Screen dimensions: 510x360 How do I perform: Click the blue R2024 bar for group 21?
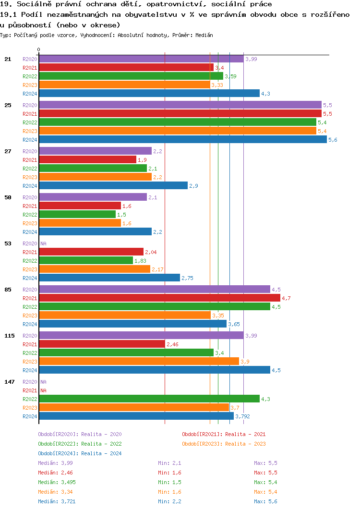[x=149, y=94]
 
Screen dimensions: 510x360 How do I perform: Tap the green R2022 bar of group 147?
[x=149, y=399]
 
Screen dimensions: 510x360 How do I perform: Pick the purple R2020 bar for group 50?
[x=93, y=197]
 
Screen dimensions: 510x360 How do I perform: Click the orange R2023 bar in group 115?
[x=139, y=362]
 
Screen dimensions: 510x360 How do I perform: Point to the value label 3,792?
[x=243, y=416]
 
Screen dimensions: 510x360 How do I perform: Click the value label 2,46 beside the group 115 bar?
[x=172, y=344]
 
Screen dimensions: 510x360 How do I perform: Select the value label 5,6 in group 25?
[x=333, y=140]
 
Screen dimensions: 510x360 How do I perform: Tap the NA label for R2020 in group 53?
[x=43, y=243]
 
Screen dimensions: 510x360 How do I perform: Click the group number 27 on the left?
[x=8, y=151]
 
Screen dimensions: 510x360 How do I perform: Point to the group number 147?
[x=10, y=382]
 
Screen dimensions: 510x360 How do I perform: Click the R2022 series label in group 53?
[x=30, y=261]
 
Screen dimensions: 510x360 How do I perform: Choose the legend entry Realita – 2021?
[x=224, y=434]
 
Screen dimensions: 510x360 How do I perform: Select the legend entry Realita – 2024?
[x=80, y=453]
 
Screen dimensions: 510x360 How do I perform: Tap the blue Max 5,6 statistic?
[x=266, y=501]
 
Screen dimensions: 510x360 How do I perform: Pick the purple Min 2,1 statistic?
[x=169, y=463]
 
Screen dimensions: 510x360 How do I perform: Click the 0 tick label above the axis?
[x=39, y=50]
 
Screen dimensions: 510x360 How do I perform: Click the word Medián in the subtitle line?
[x=204, y=36]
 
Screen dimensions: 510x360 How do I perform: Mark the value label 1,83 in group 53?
[x=140, y=261]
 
